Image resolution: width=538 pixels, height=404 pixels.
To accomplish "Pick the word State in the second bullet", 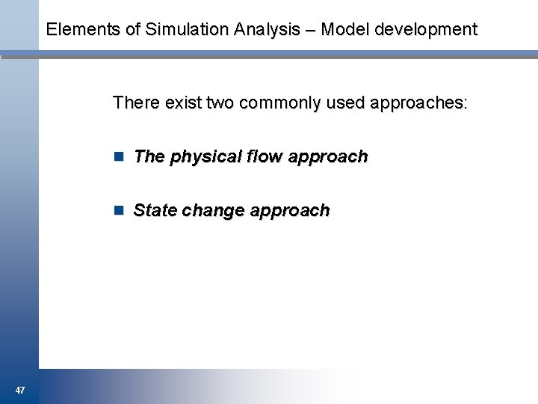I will click(x=155, y=211).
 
